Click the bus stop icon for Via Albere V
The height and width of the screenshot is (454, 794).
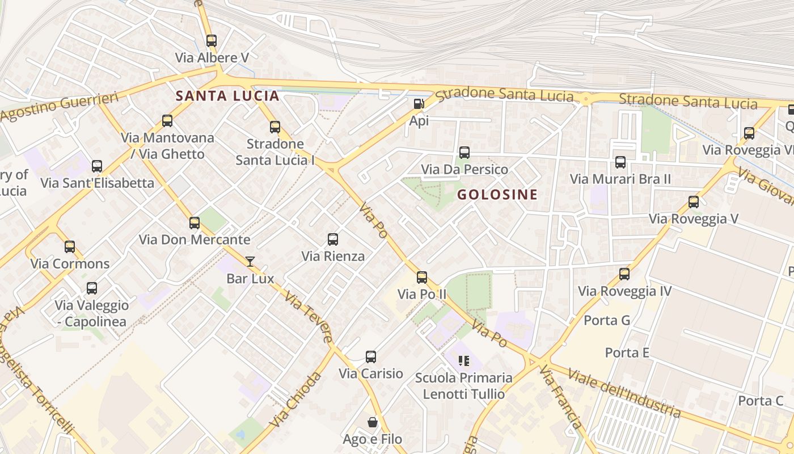pos(212,41)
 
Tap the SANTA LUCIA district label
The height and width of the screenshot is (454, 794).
pos(227,96)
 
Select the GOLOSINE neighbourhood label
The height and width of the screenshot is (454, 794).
pos(497,195)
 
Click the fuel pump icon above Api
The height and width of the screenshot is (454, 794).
pos(419,104)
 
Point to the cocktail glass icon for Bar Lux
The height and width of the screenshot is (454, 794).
pos(250,262)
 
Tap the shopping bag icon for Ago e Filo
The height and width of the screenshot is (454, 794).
pos(373,422)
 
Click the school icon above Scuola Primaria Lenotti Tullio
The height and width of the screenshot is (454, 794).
pos(464,361)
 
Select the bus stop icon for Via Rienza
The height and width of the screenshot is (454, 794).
pos(333,239)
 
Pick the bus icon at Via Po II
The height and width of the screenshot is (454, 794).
pos(422,278)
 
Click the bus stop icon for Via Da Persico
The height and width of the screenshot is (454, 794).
pos(464,153)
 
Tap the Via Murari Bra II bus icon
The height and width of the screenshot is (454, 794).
pos(620,162)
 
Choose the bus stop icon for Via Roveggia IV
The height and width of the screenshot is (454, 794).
pos(624,274)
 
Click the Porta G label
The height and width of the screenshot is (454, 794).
pos(607,320)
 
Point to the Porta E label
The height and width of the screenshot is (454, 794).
pos(627,352)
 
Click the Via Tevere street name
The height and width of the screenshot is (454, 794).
pos(309,317)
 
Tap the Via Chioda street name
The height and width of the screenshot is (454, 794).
pos(295,400)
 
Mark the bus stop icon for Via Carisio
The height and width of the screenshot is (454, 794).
pos(371,357)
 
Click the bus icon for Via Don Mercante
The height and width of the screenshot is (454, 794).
pos(195,223)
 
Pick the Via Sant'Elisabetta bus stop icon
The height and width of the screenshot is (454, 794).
pos(97,166)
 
